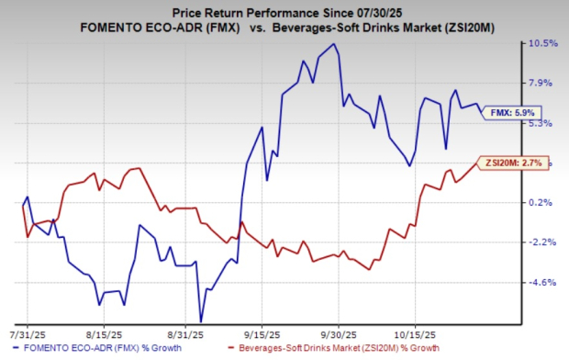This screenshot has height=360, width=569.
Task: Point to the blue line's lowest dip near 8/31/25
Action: tap(200, 321)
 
